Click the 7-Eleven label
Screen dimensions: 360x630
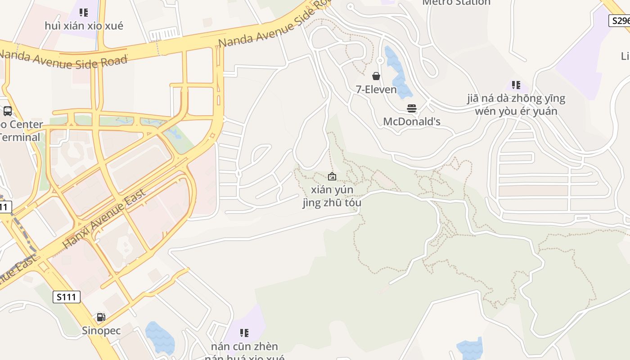coord(376,90)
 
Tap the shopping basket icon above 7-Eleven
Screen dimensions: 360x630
coord(376,76)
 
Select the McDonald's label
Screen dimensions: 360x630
coord(411,121)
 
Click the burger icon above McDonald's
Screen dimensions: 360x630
coord(411,108)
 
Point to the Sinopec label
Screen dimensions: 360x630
coord(101,331)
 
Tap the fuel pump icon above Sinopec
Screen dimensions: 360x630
coord(101,317)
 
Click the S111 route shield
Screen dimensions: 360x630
coord(67,297)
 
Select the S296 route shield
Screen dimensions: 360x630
coord(620,21)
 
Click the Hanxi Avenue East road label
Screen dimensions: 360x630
coord(104,219)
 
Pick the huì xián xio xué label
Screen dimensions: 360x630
coord(84,26)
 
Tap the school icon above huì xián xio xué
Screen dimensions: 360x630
coord(84,13)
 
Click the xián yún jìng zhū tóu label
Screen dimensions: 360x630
coord(332,196)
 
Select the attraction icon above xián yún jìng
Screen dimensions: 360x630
coord(332,176)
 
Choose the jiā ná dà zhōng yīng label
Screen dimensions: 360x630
coord(516,98)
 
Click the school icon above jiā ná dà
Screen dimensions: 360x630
coord(516,85)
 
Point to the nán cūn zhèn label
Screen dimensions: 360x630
coord(244,346)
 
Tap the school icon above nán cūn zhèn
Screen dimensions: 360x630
coord(244,333)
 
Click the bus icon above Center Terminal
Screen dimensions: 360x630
coord(8,111)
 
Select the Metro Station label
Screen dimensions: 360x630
coord(456,3)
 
